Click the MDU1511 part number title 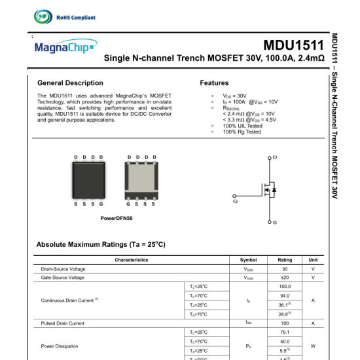point(293,45)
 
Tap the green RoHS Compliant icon point(43,18)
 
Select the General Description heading point(70,83)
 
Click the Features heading point(214,83)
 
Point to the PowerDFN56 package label point(117,218)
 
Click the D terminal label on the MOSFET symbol point(275,157)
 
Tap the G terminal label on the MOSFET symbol point(235,201)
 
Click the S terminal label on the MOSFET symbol point(275,223)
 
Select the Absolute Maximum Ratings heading point(101,244)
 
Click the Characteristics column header point(132,260)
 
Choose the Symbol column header point(249,260)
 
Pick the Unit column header point(313,260)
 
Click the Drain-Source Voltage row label point(63,269)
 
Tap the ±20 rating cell point(285,278)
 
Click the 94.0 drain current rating point(285,296)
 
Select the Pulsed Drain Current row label point(62,323)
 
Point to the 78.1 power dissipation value point(285,333)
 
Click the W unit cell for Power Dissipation point(313,346)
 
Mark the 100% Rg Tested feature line point(242,132)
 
